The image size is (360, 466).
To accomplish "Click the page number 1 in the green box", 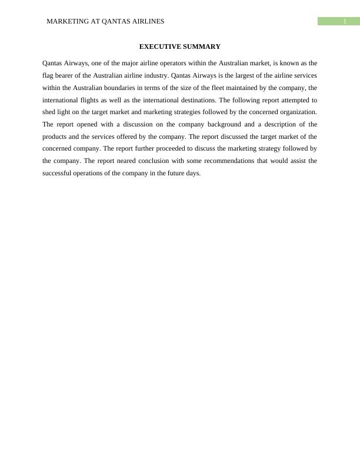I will click(x=345, y=21).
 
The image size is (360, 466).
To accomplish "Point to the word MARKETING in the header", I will click(x=66, y=21).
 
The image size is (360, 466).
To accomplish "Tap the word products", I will click(x=55, y=137).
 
